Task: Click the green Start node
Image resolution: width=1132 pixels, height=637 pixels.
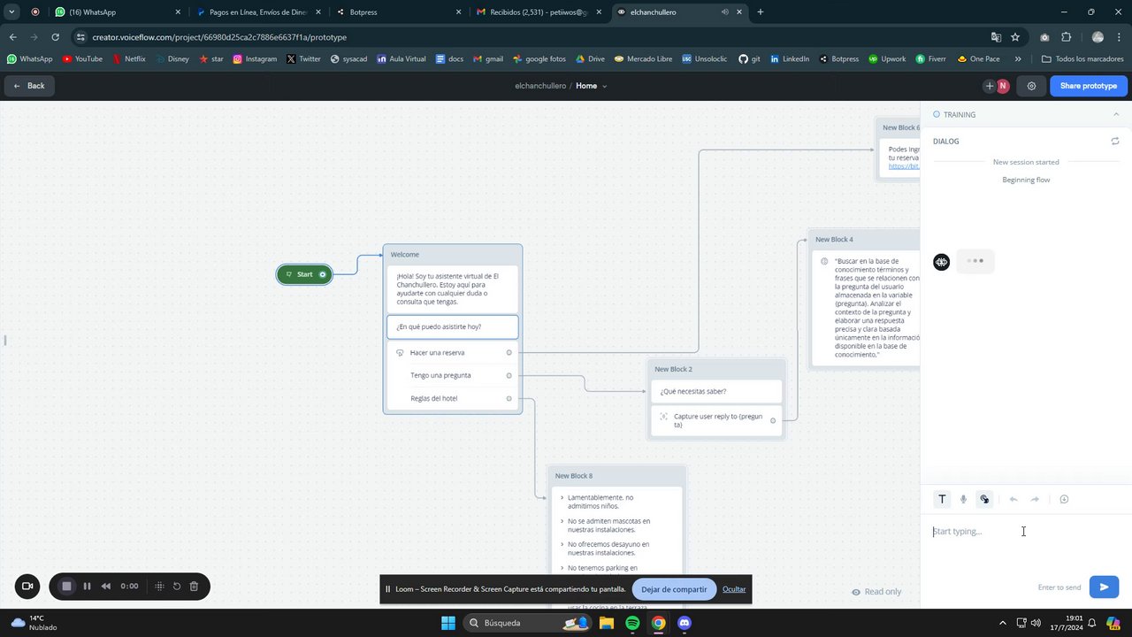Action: pyautogui.click(x=304, y=274)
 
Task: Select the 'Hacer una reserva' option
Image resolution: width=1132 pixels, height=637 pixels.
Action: pyautogui.click(x=437, y=352)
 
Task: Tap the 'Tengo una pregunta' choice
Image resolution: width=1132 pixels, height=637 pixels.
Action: pyautogui.click(x=440, y=375)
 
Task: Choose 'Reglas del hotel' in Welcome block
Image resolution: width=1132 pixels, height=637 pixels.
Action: pyautogui.click(x=433, y=398)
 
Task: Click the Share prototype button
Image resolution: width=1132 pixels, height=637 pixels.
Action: pyautogui.click(x=1089, y=86)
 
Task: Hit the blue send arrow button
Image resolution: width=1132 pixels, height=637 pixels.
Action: pyautogui.click(x=1104, y=587)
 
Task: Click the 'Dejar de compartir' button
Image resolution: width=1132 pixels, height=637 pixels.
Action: pyautogui.click(x=674, y=589)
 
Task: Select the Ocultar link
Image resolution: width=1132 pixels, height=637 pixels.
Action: pyautogui.click(x=734, y=589)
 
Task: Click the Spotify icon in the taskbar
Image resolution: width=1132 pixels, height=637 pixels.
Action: pyautogui.click(x=632, y=623)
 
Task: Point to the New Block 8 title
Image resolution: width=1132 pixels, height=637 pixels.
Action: pyautogui.click(x=574, y=476)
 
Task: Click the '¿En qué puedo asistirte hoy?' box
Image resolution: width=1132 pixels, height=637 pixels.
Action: pyautogui.click(x=452, y=326)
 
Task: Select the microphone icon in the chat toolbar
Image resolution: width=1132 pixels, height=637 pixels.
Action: pyautogui.click(x=963, y=499)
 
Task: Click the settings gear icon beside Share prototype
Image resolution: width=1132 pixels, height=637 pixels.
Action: pyautogui.click(x=1031, y=86)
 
